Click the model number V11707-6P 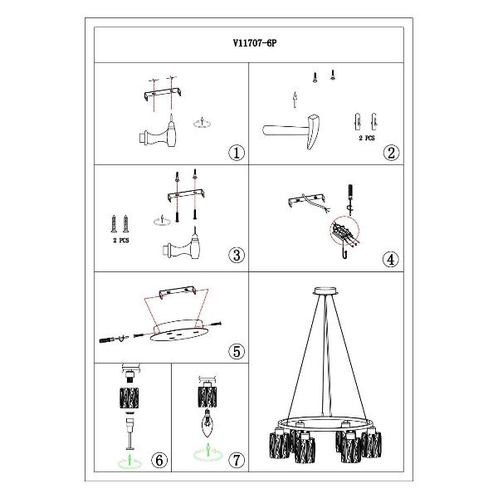tap(255, 43)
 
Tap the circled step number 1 tap(237, 153)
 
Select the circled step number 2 tap(391, 153)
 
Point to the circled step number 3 tap(237, 255)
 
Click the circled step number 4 tap(391, 260)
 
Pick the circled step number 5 tap(237, 351)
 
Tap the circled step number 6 tap(159, 460)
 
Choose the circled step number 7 tap(237, 460)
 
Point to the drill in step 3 tap(183, 245)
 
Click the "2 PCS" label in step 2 tap(367, 138)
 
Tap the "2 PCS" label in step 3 tap(121, 241)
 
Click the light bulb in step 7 tap(207, 422)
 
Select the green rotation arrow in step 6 tap(129, 461)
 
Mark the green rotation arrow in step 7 tap(208, 452)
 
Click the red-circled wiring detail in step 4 tap(344, 232)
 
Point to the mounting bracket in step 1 tap(163, 94)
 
